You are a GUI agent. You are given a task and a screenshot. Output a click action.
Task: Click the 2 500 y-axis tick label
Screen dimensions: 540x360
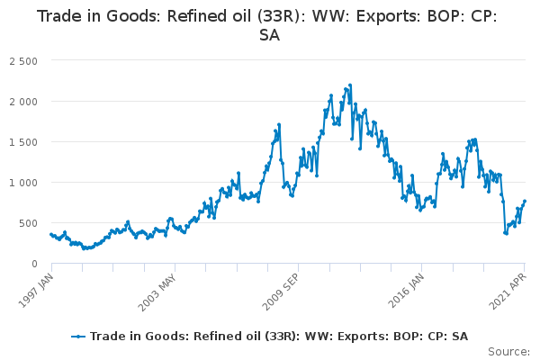pos(23,61)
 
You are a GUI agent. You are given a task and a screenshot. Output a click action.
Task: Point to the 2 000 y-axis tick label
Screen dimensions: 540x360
pos(23,102)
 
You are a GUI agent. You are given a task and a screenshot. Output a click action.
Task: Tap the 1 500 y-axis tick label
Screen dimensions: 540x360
pos(23,142)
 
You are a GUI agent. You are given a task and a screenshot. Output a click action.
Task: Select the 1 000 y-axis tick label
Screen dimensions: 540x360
pos(23,183)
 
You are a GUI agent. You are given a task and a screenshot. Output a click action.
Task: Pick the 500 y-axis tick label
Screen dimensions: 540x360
pos(28,223)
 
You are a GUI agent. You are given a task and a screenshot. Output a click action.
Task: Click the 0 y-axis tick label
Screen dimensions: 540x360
pos(34,264)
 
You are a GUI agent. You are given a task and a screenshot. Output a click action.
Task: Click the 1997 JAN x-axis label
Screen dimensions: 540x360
pos(36,291)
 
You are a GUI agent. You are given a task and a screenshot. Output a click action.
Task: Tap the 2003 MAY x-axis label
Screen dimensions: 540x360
pos(157,292)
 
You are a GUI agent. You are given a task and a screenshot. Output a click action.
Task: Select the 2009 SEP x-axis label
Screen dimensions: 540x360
pos(281,292)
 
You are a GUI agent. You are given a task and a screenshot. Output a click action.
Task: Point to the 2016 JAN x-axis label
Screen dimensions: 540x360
pos(407,291)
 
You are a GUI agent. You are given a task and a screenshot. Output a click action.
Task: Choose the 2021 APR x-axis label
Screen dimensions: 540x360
pos(508,292)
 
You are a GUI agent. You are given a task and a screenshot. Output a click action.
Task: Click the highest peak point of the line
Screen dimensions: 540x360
pos(350,85)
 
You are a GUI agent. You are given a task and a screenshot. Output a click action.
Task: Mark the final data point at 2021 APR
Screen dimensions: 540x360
pos(525,201)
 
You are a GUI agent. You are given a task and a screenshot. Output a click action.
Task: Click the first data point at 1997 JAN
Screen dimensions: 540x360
pos(51,234)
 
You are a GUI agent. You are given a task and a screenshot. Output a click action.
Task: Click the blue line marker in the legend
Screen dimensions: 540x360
pos(78,337)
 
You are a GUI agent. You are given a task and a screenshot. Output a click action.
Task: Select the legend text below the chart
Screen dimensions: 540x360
pos(279,337)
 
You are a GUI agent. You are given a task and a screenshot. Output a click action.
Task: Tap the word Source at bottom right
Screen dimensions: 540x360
pos(509,352)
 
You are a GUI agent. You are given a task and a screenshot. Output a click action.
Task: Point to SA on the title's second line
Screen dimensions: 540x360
pos(270,35)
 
